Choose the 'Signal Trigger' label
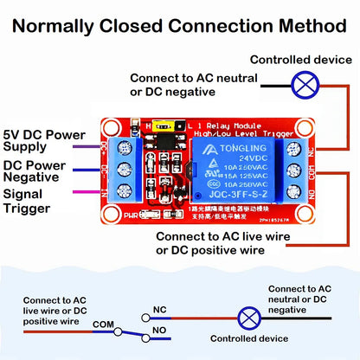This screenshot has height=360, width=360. tap(29, 201)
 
